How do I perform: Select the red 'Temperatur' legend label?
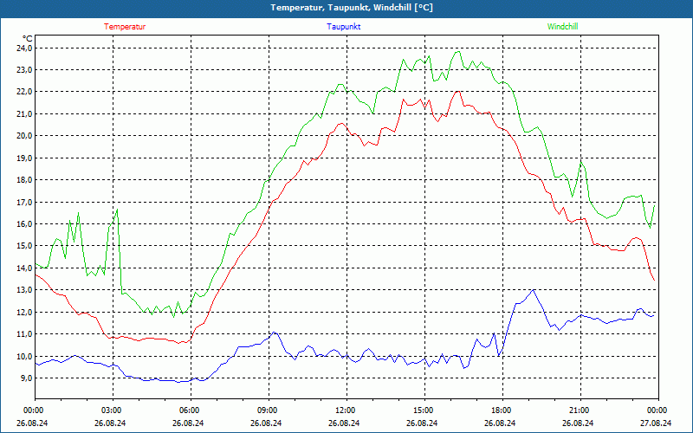click(x=125, y=27)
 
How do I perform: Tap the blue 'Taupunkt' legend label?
click(x=344, y=27)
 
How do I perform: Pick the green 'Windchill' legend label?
click(x=562, y=27)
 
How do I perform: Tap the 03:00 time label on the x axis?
click(x=112, y=410)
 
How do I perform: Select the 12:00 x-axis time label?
click(x=345, y=410)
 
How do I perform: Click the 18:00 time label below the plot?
click(x=501, y=410)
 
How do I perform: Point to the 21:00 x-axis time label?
click(x=579, y=410)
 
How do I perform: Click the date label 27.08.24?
click(x=657, y=423)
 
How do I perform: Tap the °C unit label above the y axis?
click(x=28, y=38)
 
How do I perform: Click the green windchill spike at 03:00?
click(x=116, y=210)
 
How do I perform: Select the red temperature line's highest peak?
click(x=457, y=91)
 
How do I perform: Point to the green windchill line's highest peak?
click(x=458, y=51)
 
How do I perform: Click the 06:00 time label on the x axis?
click(x=190, y=410)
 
